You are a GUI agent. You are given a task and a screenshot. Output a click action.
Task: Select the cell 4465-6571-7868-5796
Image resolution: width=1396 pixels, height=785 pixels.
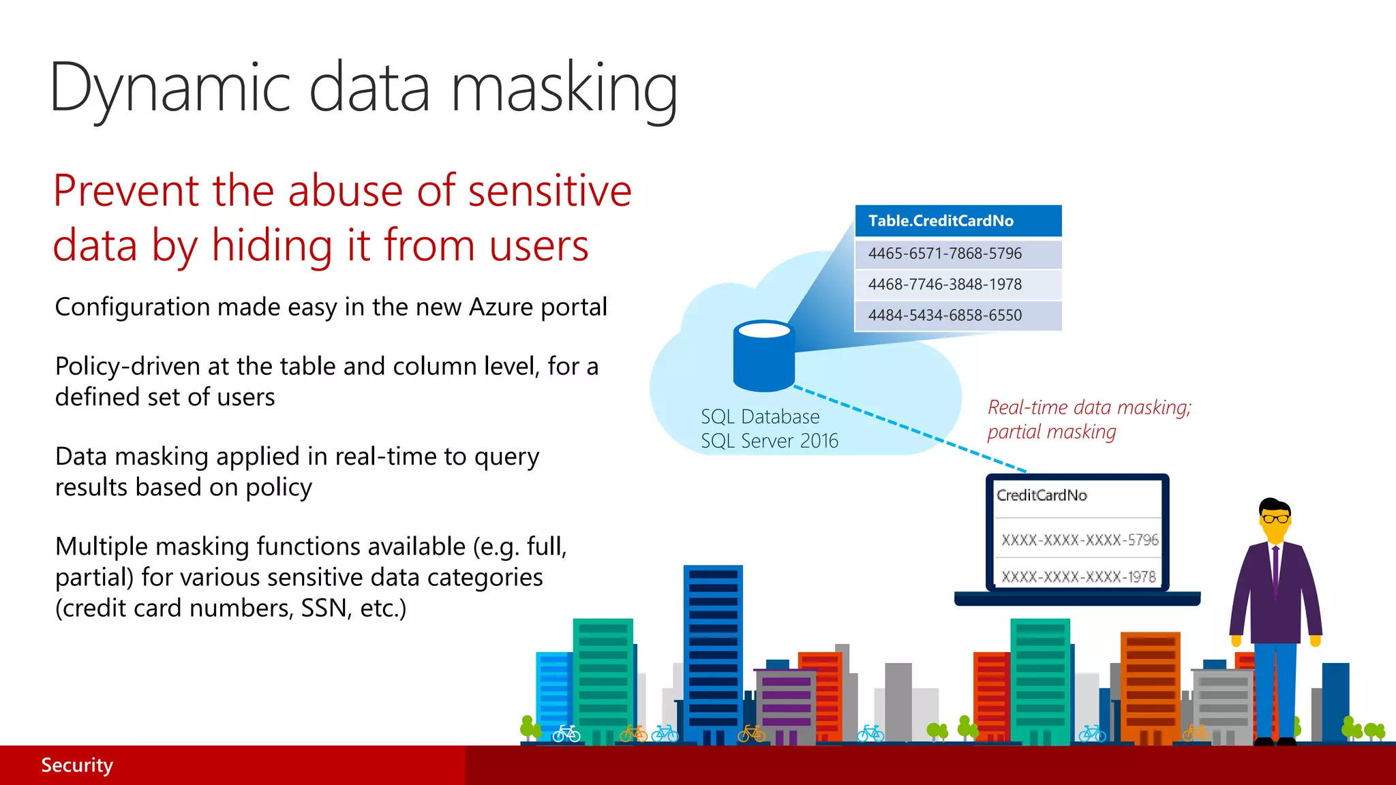[x=945, y=253]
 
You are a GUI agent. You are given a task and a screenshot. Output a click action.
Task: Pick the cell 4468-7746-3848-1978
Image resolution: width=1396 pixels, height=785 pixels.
[x=945, y=284]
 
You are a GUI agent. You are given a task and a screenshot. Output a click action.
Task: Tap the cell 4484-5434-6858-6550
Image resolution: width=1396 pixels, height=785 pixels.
[x=945, y=315]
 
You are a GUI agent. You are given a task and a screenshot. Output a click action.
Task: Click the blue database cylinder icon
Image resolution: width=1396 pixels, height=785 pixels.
[x=763, y=358]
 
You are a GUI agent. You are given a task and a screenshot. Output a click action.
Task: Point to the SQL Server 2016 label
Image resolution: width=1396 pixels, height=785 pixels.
[x=769, y=441]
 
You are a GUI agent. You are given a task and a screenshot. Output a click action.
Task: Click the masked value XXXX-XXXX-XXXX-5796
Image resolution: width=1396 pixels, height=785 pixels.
[x=1079, y=540]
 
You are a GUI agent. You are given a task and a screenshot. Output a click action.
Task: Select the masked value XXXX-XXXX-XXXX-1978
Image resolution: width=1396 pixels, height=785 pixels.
[x=1078, y=577]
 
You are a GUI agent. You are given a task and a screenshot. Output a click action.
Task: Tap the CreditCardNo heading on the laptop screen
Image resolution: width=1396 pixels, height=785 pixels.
[x=1042, y=495]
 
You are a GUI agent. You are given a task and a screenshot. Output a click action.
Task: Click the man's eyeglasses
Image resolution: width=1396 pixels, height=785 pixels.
[x=1274, y=519]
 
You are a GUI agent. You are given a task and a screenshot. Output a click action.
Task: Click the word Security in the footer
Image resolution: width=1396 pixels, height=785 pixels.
[x=77, y=765]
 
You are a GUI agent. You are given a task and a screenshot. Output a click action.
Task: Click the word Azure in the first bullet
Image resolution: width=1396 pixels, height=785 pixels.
[x=501, y=307]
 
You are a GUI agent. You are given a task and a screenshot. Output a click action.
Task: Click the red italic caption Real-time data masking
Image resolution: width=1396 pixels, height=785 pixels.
[x=1089, y=407]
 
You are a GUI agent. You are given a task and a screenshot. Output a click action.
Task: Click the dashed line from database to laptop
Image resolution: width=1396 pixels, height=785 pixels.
[x=910, y=429]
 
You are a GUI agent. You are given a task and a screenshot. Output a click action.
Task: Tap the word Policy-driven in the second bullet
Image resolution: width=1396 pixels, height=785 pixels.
[x=127, y=367]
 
